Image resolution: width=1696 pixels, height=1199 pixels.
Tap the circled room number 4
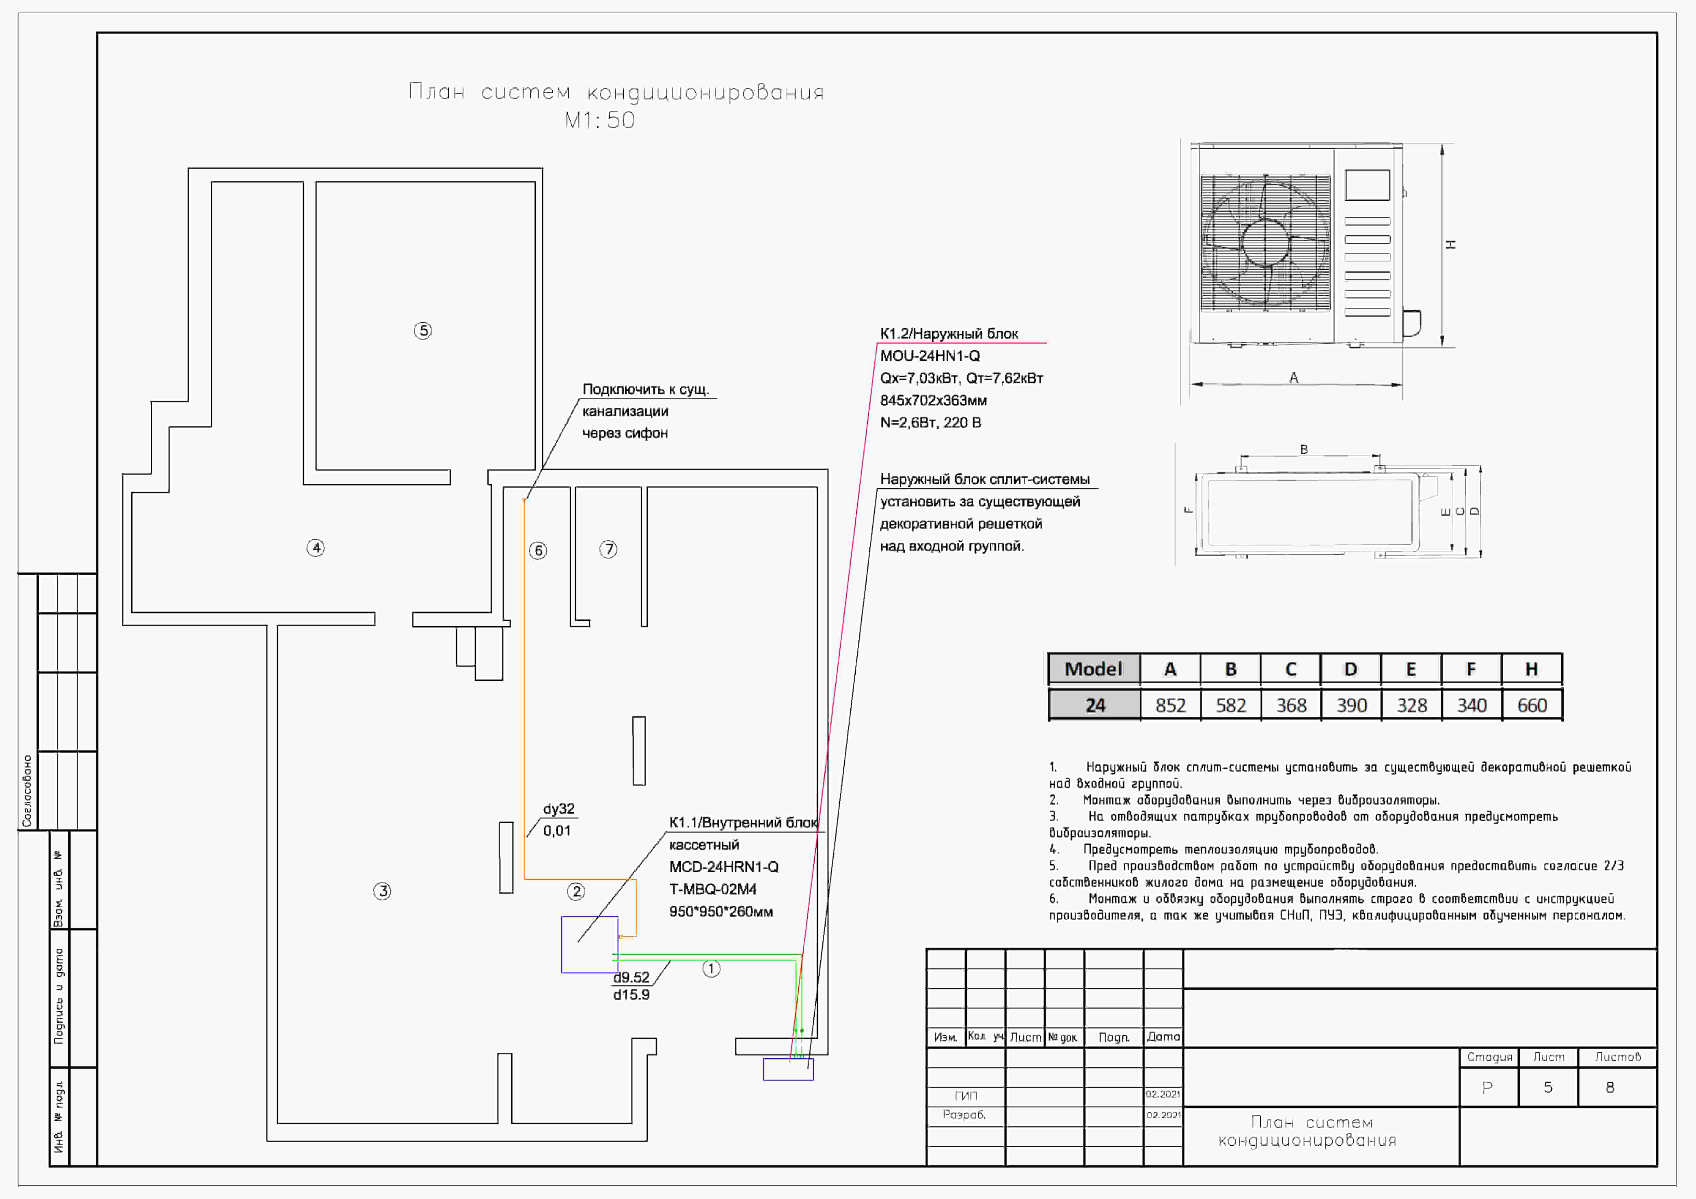click(x=315, y=548)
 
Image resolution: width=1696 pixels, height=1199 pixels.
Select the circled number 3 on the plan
click(x=382, y=891)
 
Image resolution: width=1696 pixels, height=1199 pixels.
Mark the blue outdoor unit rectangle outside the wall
click(x=788, y=1069)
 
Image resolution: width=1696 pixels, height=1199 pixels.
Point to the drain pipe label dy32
click(x=558, y=809)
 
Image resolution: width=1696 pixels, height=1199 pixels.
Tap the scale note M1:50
click(x=600, y=120)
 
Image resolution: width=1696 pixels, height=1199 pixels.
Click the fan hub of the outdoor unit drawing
click(x=1265, y=242)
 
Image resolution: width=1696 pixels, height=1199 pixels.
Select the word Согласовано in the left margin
click(x=27, y=791)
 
